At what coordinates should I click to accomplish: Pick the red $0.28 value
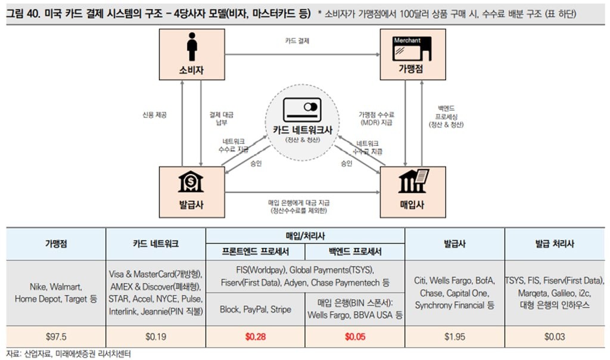coord(255,337)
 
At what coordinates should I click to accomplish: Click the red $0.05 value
coord(354,337)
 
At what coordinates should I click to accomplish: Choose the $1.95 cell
coord(455,337)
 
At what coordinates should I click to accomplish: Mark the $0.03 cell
coord(554,337)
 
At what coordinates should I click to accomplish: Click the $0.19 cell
coord(155,337)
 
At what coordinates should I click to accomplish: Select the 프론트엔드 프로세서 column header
coord(255,251)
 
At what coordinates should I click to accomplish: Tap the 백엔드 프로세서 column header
coord(355,251)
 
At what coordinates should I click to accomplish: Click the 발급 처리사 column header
coord(554,243)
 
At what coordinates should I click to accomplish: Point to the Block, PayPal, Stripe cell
coord(255,309)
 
